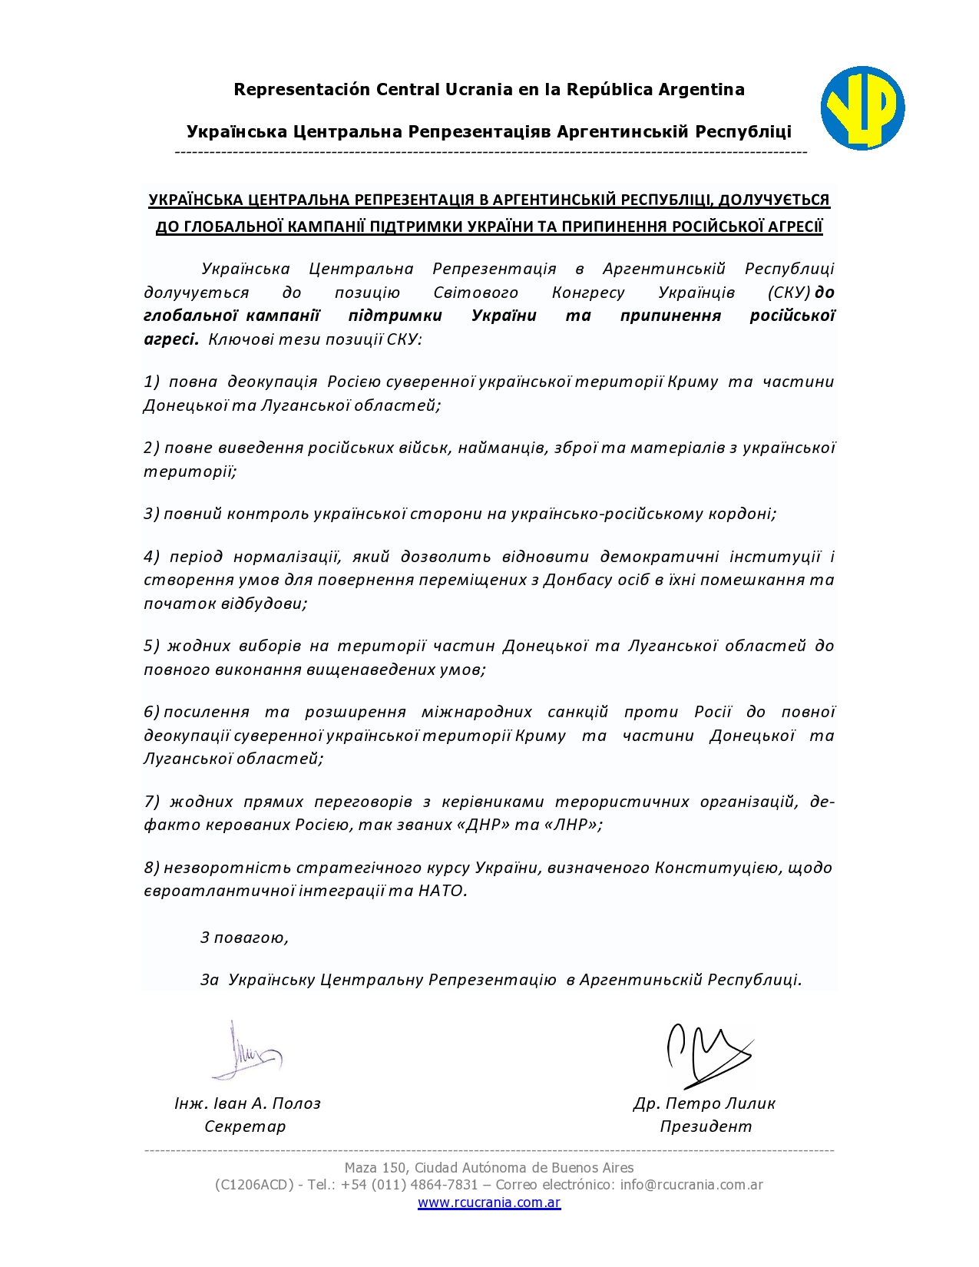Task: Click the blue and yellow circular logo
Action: (862, 108)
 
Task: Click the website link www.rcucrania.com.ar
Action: (489, 1202)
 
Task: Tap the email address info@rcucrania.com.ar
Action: (692, 1185)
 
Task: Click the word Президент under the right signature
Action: (706, 1126)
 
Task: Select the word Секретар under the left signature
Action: (245, 1126)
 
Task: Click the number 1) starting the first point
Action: (151, 382)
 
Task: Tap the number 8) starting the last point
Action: (151, 868)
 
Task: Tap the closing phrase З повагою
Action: (244, 938)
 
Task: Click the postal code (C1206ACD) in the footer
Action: (254, 1185)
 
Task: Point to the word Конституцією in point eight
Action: (715, 868)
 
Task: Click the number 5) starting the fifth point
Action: (151, 646)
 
